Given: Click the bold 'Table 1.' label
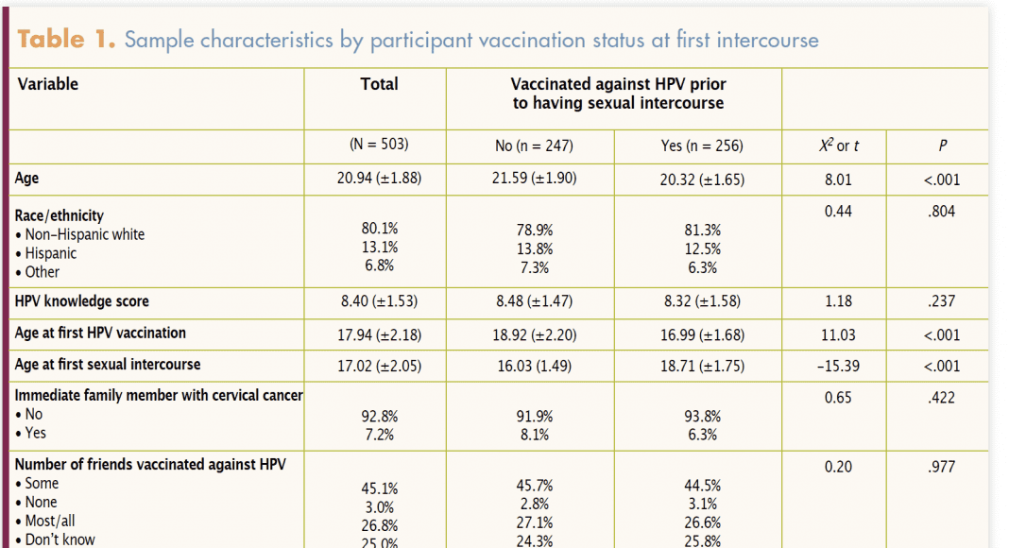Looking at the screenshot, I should (x=66, y=40).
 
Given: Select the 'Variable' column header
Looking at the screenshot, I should (x=47, y=84).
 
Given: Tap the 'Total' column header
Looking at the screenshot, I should (x=379, y=84).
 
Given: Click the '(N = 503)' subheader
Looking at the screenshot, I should (x=379, y=146).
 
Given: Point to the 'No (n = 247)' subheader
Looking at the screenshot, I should (x=534, y=146).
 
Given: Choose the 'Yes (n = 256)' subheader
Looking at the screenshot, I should (x=701, y=146).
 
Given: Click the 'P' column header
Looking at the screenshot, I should (x=942, y=146).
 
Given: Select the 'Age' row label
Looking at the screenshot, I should (x=27, y=178).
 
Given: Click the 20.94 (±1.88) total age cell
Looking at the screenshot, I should (x=378, y=179).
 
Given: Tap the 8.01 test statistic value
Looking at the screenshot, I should (x=837, y=179).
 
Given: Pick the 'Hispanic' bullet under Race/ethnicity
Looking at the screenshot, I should (x=51, y=253).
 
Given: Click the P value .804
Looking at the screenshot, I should (x=942, y=212).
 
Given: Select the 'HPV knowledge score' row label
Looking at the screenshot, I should (x=82, y=301).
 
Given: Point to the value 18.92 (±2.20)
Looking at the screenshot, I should (x=534, y=334).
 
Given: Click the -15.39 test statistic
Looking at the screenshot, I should (x=837, y=366).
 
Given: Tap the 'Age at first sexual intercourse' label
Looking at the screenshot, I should (x=108, y=365).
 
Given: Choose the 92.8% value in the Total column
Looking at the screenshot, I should (x=379, y=416).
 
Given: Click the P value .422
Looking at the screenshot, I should (x=942, y=398).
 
